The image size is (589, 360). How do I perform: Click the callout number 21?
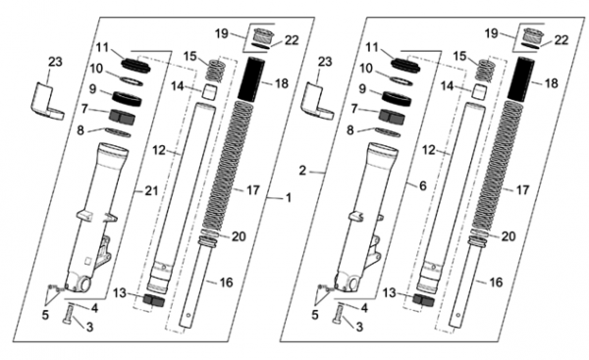(x=152, y=191)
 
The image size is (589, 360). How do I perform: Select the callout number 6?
(x=423, y=185)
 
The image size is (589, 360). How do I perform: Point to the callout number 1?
(x=288, y=198)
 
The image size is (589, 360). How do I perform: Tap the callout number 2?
(x=302, y=171)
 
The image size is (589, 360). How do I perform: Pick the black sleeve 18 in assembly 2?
(x=521, y=78)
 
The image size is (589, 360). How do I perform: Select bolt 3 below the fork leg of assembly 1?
(x=69, y=314)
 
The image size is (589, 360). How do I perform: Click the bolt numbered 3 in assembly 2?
(x=338, y=314)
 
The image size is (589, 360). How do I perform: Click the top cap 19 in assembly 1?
(x=262, y=37)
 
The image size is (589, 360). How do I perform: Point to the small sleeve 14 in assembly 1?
(x=210, y=91)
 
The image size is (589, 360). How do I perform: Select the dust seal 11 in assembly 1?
(x=136, y=64)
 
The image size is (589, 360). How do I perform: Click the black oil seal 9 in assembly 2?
(x=397, y=98)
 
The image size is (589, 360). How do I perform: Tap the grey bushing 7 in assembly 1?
(x=122, y=116)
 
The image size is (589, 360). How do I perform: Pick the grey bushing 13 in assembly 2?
(x=423, y=299)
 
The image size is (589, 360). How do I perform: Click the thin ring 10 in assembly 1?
(x=132, y=81)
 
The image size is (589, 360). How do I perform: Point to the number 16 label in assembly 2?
(x=496, y=283)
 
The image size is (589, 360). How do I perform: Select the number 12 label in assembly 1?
(x=159, y=150)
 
